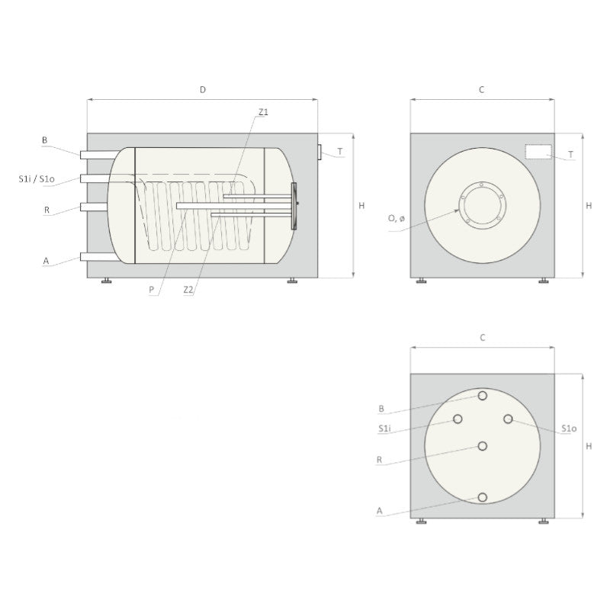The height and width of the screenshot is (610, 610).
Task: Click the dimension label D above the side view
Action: [203, 90]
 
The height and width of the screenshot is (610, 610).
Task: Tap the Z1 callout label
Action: [263, 112]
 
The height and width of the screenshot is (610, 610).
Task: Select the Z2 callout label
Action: [188, 290]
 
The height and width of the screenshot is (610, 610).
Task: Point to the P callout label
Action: [151, 290]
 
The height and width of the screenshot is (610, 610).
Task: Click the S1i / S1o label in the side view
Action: [37, 179]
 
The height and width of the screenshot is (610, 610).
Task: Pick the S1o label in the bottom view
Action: [569, 429]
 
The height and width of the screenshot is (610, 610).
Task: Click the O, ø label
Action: [396, 218]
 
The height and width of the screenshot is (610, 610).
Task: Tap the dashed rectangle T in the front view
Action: [538, 152]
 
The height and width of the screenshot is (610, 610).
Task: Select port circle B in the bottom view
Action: [483, 396]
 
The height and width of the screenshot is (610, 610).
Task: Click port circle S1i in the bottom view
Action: [457, 419]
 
